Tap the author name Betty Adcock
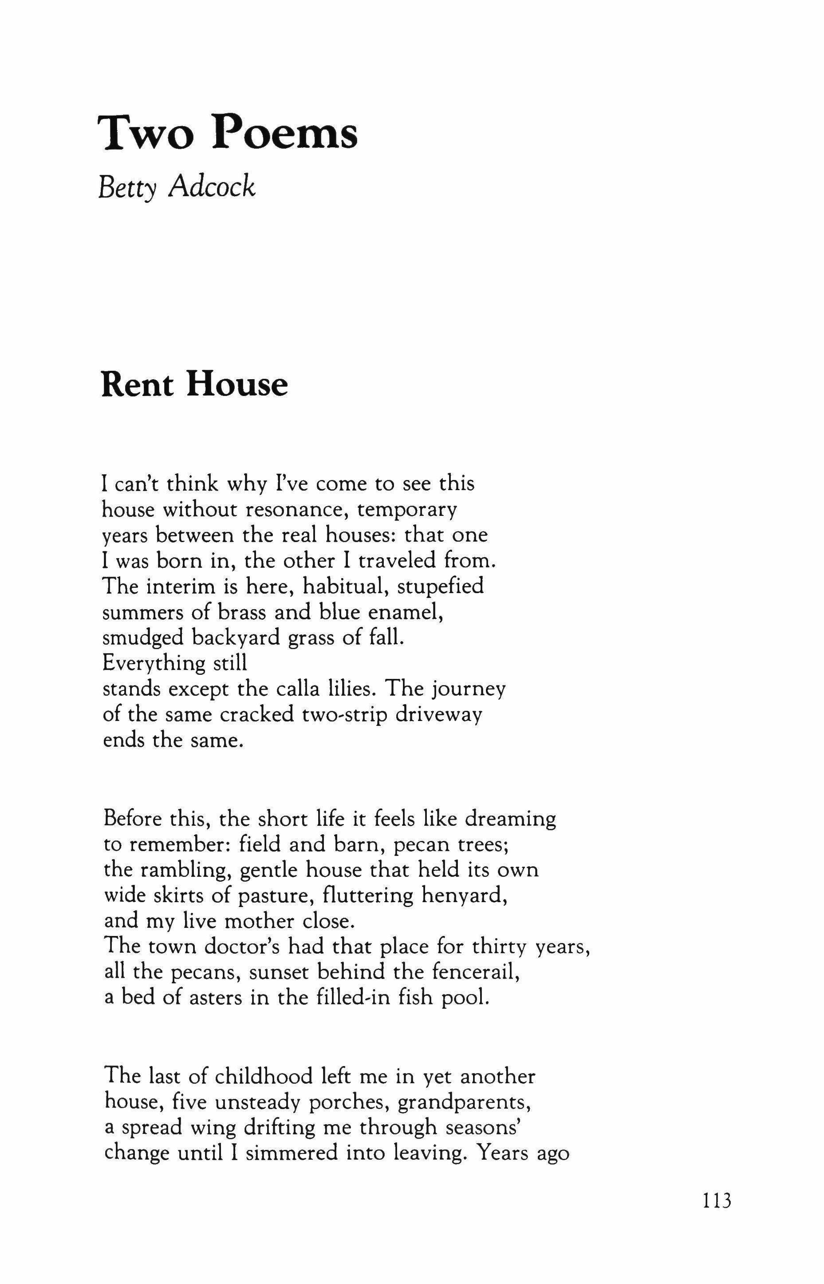177,187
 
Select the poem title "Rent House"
195,385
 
